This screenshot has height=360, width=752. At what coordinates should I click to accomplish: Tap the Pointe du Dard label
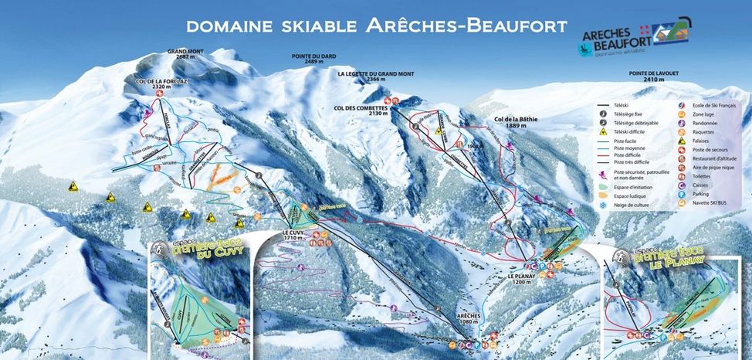[x=319, y=59]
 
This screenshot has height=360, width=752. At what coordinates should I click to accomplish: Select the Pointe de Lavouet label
[x=653, y=76]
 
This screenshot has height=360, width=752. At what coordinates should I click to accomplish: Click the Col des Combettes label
[x=361, y=109]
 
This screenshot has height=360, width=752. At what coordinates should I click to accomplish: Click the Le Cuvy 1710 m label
[x=294, y=235]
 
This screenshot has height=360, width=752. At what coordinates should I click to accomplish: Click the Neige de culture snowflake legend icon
[x=603, y=205]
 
